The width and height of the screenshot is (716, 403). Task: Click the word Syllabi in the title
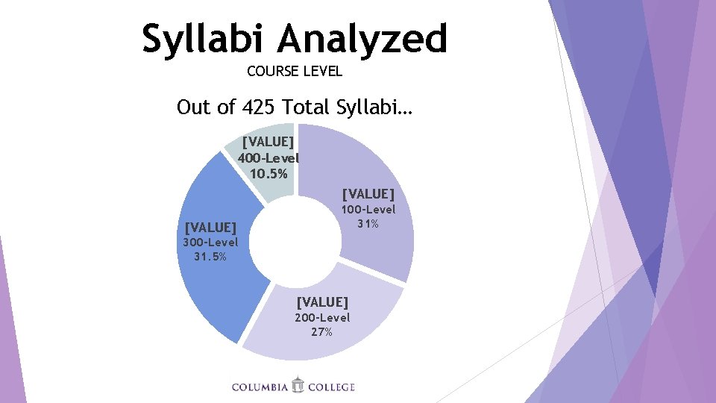pyautogui.click(x=204, y=40)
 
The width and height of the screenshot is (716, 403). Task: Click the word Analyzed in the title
pyautogui.click(x=363, y=40)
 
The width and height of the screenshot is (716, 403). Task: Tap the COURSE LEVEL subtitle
pyautogui.click(x=294, y=72)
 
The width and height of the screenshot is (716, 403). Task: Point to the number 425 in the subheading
pyautogui.click(x=260, y=107)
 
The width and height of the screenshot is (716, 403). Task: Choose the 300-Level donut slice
pyautogui.click(x=224, y=284)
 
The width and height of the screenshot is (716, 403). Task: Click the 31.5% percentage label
pyautogui.click(x=210, y=257)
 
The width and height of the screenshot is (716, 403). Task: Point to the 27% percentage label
pyautogui.click(x=322, y=332)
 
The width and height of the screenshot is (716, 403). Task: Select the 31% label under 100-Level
pyautogui.click(x=368, y=224)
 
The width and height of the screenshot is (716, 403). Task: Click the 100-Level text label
pyautogui.click(x=368, y=210)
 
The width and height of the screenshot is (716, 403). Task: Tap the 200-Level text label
pyautogui.click(x=322, y=318)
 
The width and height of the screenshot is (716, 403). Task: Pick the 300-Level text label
pyautogui.click(x=210, y=243)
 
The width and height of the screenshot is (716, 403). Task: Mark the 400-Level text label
pyautogui.click(x=268, y=158)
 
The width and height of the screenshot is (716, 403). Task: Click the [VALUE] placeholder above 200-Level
pyautogui.click(x=322, y=302)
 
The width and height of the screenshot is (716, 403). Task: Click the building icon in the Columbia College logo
pyautogui.click(x=298, y=385)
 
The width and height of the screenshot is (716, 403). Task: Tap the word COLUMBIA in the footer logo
pyautogui.click(x=260, y=387)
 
